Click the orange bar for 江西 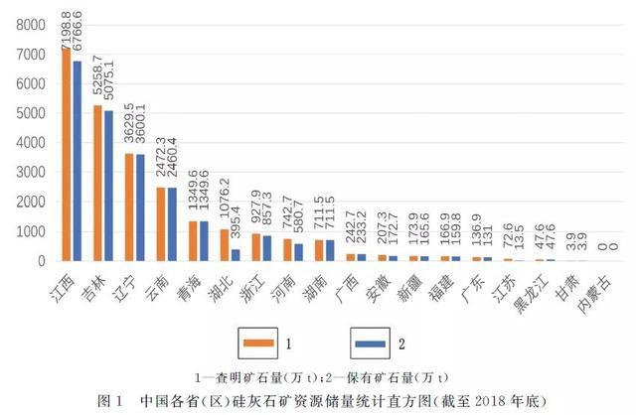[66, 154]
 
